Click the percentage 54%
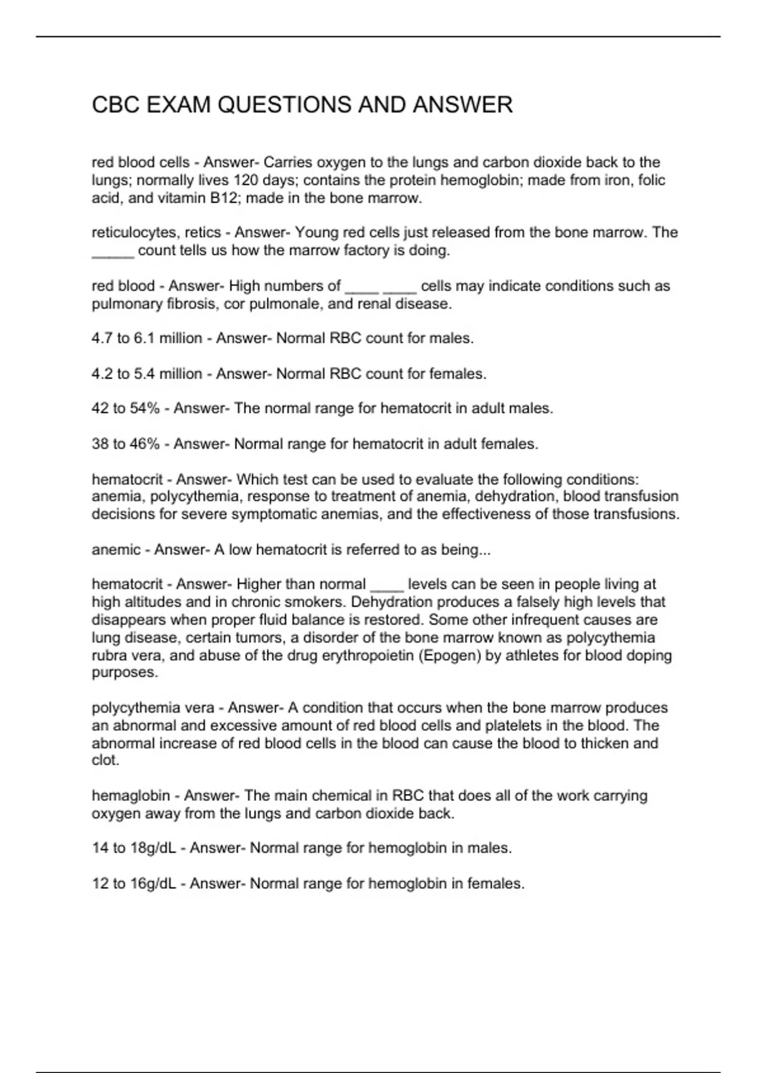144,408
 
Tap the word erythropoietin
367,655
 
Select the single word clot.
105,761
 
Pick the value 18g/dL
153,848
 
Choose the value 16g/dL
153,884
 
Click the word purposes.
124,673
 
